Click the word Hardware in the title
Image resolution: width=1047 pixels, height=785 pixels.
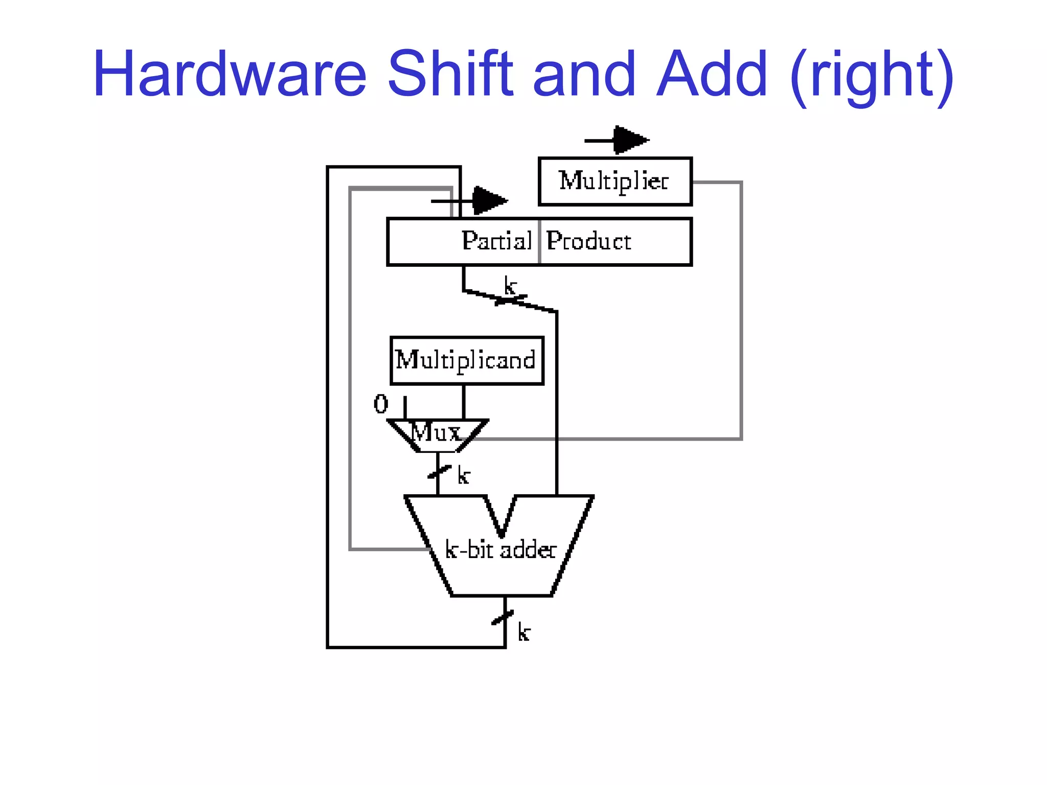click(x=230, y=74)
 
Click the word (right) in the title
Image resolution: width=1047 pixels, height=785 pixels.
click(x=871, y=77)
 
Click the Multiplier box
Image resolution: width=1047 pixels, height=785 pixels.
click(x=615, y=181)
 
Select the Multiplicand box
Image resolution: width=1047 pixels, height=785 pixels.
click(x=466, y=360)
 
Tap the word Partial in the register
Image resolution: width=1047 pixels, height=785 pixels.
click(x=496, y=241)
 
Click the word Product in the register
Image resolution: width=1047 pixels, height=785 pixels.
click(x=588, y=241)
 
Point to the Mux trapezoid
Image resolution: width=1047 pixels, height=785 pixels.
click(x=437, y=435)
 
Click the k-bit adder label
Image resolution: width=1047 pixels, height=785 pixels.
click(x=500, y=550)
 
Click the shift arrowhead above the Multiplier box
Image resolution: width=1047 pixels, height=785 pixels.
click(x=630, y=140)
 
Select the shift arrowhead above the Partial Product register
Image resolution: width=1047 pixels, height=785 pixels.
click(x=489, y=200)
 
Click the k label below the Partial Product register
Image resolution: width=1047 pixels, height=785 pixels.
click(x=510, y=286)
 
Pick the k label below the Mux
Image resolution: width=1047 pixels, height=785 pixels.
click(x=463, y=475)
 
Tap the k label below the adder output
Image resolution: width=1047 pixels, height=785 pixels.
click(x=523, y=632)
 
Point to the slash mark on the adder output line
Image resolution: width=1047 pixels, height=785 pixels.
click(x=503, y=618)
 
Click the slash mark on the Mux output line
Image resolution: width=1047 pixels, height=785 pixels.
click(x=439, y=472)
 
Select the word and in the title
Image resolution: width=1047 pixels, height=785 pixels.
click(x=584, y=74)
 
